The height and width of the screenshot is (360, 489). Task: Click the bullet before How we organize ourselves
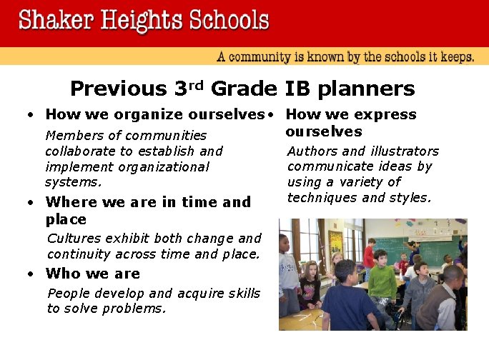[30, 115]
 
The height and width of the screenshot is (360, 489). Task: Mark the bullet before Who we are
[30, 274]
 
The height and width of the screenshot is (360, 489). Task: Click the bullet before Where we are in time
[30, 203]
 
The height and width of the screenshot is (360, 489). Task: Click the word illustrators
[405, 151]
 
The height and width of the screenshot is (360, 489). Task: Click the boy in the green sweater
[382, 282]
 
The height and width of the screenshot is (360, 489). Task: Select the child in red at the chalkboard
[369, 257]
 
